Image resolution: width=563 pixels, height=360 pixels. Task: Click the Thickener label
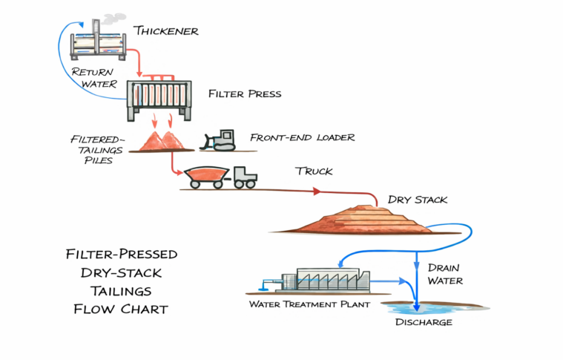pyautogui.click(x=166, y=30)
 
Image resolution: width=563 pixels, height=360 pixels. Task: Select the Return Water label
pyautogui.click(x=93, y=79)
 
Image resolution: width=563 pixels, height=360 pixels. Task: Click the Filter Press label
pyautogui.click(x=245, y=94)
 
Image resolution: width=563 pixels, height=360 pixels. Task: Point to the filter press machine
pyautogui.click(x=159, y=96)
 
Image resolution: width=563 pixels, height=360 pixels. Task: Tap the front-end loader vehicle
pyautogui.click(x=220, y=140)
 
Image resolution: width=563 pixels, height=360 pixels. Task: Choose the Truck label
pyautogui.click(x=314, y=171)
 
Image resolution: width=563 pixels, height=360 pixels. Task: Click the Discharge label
pyautogui.click(x=424, y=322)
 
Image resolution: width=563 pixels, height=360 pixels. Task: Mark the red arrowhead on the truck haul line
pyautogui.click(x=317, y=192)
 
